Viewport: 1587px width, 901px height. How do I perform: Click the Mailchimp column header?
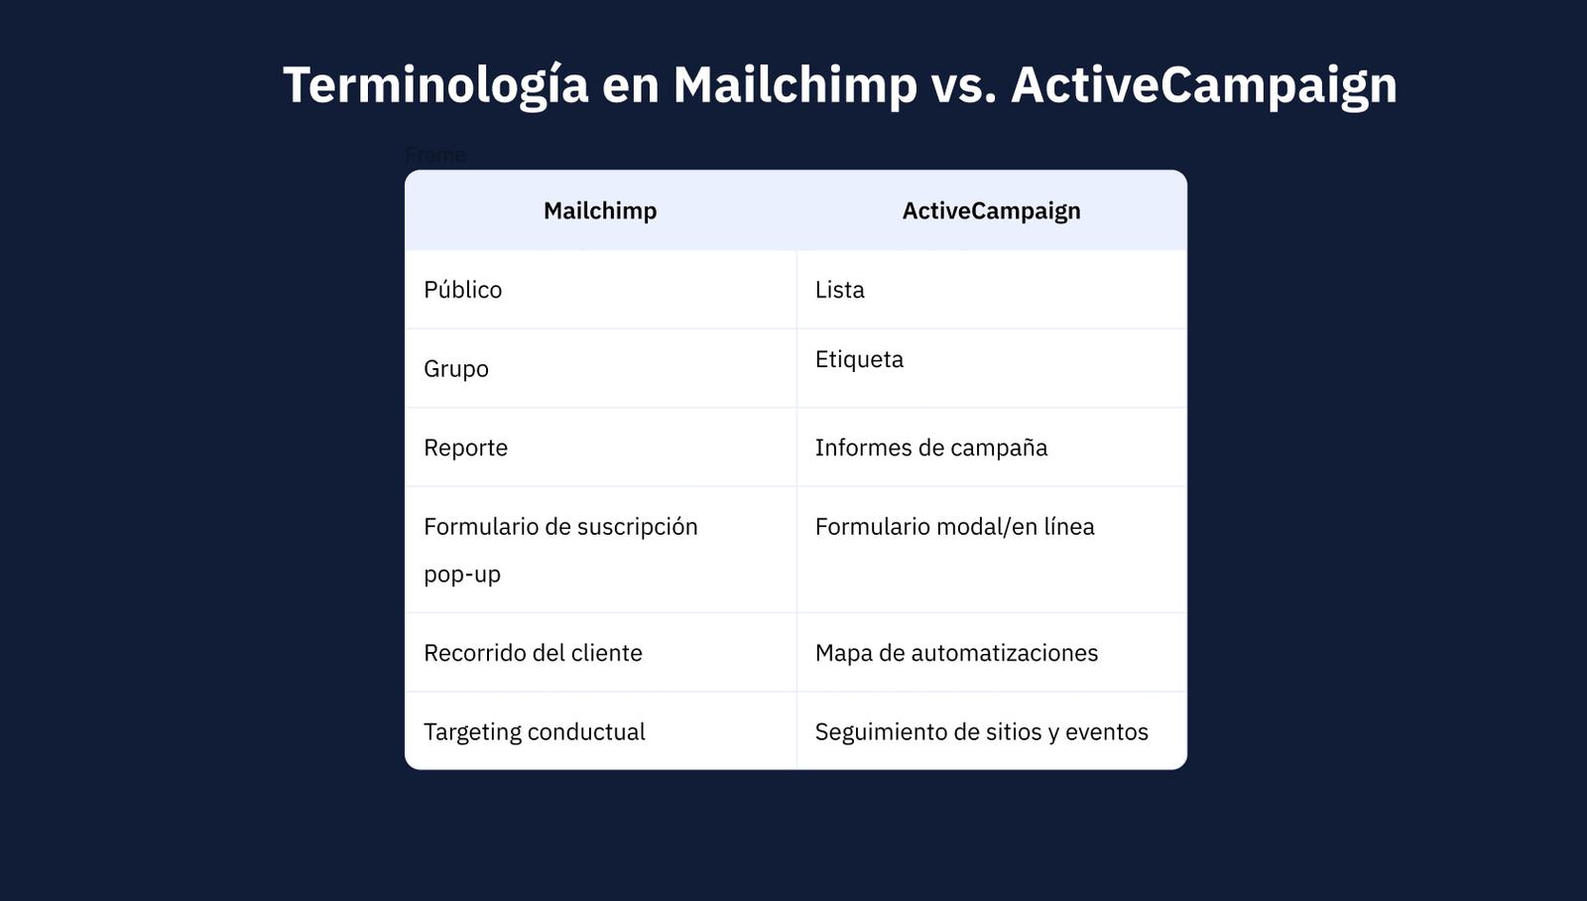click(x=600, y=210)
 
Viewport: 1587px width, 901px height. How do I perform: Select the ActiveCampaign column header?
click(x=991, y=210)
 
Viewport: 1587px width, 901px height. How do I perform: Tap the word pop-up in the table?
click(x=462, y=575)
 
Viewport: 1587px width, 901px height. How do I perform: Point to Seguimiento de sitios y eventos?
click(x=981, y=731)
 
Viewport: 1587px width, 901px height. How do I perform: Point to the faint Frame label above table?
click(x=435, y=155)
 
